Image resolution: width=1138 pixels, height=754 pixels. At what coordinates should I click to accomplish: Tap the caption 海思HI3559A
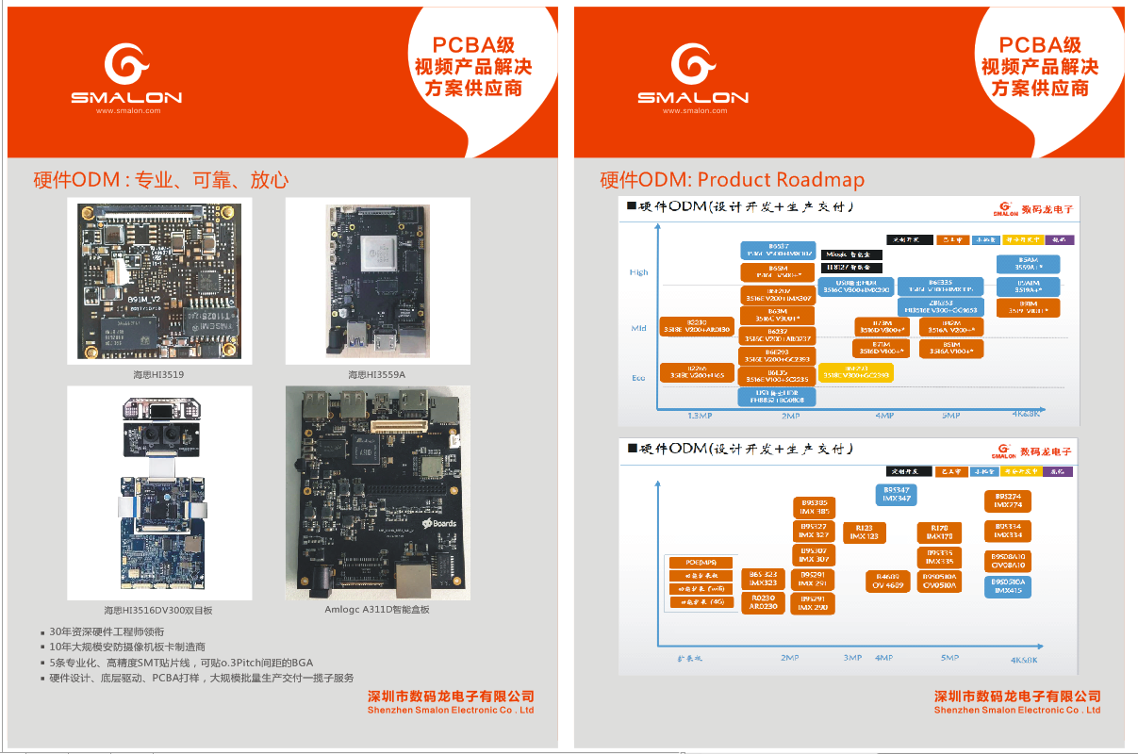(x=377, y=374)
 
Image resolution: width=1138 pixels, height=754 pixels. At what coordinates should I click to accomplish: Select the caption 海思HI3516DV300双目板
(x=159, y=610)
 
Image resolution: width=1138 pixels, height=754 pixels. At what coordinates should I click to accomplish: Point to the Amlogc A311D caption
(x=377, y=610)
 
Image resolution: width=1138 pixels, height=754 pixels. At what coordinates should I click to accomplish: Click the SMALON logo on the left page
(x=125, y=75)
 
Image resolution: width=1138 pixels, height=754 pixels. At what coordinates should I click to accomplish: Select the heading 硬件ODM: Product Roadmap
(x=732, y=179)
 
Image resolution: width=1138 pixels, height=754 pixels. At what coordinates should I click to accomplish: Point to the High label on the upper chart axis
(x=639, y=272)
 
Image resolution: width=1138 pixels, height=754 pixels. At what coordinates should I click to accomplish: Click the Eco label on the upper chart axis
(x=638, y=378)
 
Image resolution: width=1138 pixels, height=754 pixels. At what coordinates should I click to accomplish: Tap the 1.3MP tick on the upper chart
(x=699, y=416)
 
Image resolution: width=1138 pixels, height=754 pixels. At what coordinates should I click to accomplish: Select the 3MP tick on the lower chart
(x=852, y=658)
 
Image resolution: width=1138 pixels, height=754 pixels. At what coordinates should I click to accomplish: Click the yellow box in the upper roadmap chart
(x=856, y=372)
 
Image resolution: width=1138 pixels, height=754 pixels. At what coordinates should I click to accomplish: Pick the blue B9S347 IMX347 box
(x=896, y=494)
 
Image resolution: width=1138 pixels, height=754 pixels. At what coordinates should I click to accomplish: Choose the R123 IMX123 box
(x=864, y=533)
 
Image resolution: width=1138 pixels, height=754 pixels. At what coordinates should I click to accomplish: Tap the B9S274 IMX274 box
(x=1008, y=500)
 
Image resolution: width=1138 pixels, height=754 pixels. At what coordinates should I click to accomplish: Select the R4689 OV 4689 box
(x=887, y=582)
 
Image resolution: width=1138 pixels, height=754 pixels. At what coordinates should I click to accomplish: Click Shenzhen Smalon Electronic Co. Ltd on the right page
(x=1016, y=710)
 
